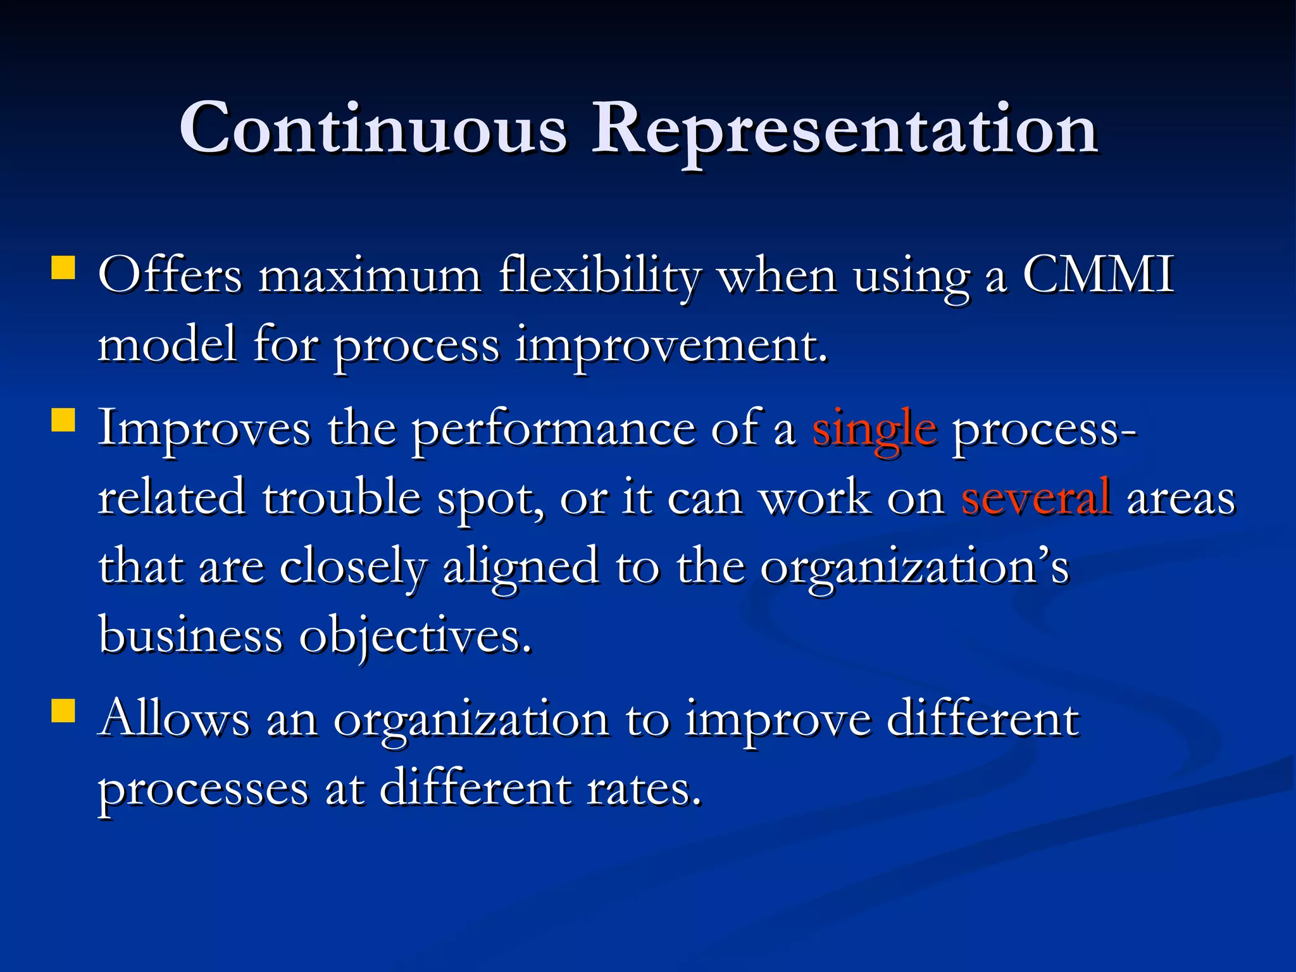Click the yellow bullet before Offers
[63, 267]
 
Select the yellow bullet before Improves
[63, 420]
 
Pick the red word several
[1035, 498]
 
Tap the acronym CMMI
[1098, 275]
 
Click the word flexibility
[600, 277]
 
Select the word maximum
[370, 277]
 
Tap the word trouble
[342, 498]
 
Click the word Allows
[175, 720]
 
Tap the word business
[190, 635]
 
